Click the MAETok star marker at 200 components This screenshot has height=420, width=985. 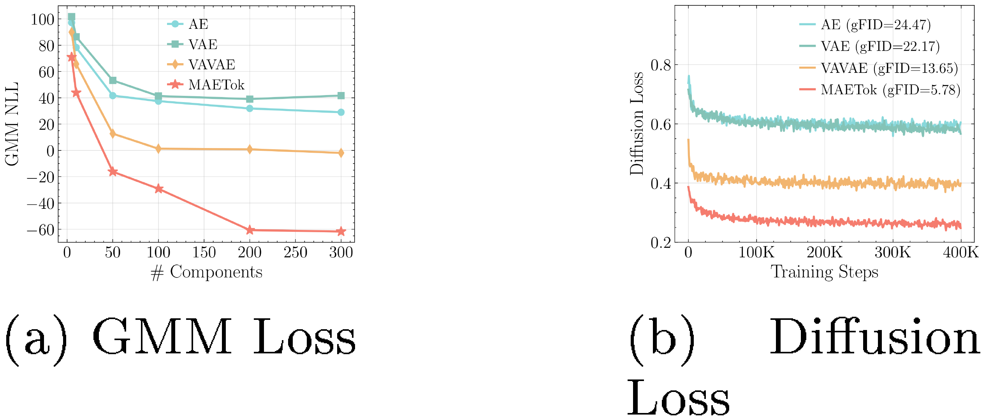(x=250, y=230)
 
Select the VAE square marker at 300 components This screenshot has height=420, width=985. (x=341, y=96)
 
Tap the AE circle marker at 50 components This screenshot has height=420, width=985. (x=113, y=95)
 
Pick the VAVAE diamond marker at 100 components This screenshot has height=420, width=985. (x=158, y=148)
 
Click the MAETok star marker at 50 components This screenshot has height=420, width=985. (x=113, y=172)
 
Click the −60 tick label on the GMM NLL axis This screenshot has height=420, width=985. (x=40, y=230)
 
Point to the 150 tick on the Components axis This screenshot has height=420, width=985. (x=204, y=253)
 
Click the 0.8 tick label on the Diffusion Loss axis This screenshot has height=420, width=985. (x=661, y=65)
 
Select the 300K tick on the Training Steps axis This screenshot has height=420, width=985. (x=892, y=253)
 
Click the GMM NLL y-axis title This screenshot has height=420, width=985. (x=12, y=124)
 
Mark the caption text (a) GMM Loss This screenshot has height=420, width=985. (x=180, y=337)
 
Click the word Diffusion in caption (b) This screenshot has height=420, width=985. (x=874, y=337)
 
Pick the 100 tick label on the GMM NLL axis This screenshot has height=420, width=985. (x=42, y=19)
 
